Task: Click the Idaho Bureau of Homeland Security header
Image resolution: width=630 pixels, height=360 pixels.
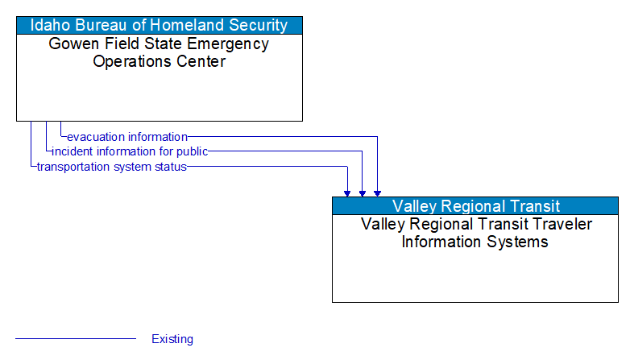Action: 160,25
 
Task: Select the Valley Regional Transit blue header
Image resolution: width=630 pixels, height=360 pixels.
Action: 475,206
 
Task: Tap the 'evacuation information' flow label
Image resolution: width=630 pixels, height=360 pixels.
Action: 127,137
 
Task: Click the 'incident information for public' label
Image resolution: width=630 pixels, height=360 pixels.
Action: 130,151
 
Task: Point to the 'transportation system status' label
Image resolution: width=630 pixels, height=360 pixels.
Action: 112,167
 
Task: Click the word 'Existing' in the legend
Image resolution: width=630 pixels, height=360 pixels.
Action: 172,339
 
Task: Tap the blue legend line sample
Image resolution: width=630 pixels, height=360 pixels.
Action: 76,339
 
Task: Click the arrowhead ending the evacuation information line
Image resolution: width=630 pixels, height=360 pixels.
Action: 377,192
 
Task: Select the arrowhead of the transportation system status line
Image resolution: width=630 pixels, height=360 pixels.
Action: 347,192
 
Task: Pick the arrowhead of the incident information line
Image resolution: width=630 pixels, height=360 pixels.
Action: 363,192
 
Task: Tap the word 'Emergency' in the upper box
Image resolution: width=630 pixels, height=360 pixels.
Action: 230,43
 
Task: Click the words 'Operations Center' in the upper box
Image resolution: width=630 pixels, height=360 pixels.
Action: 160,61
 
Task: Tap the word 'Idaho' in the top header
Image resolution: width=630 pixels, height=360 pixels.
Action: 50,25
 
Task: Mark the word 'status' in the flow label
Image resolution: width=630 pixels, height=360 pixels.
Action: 169,167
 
